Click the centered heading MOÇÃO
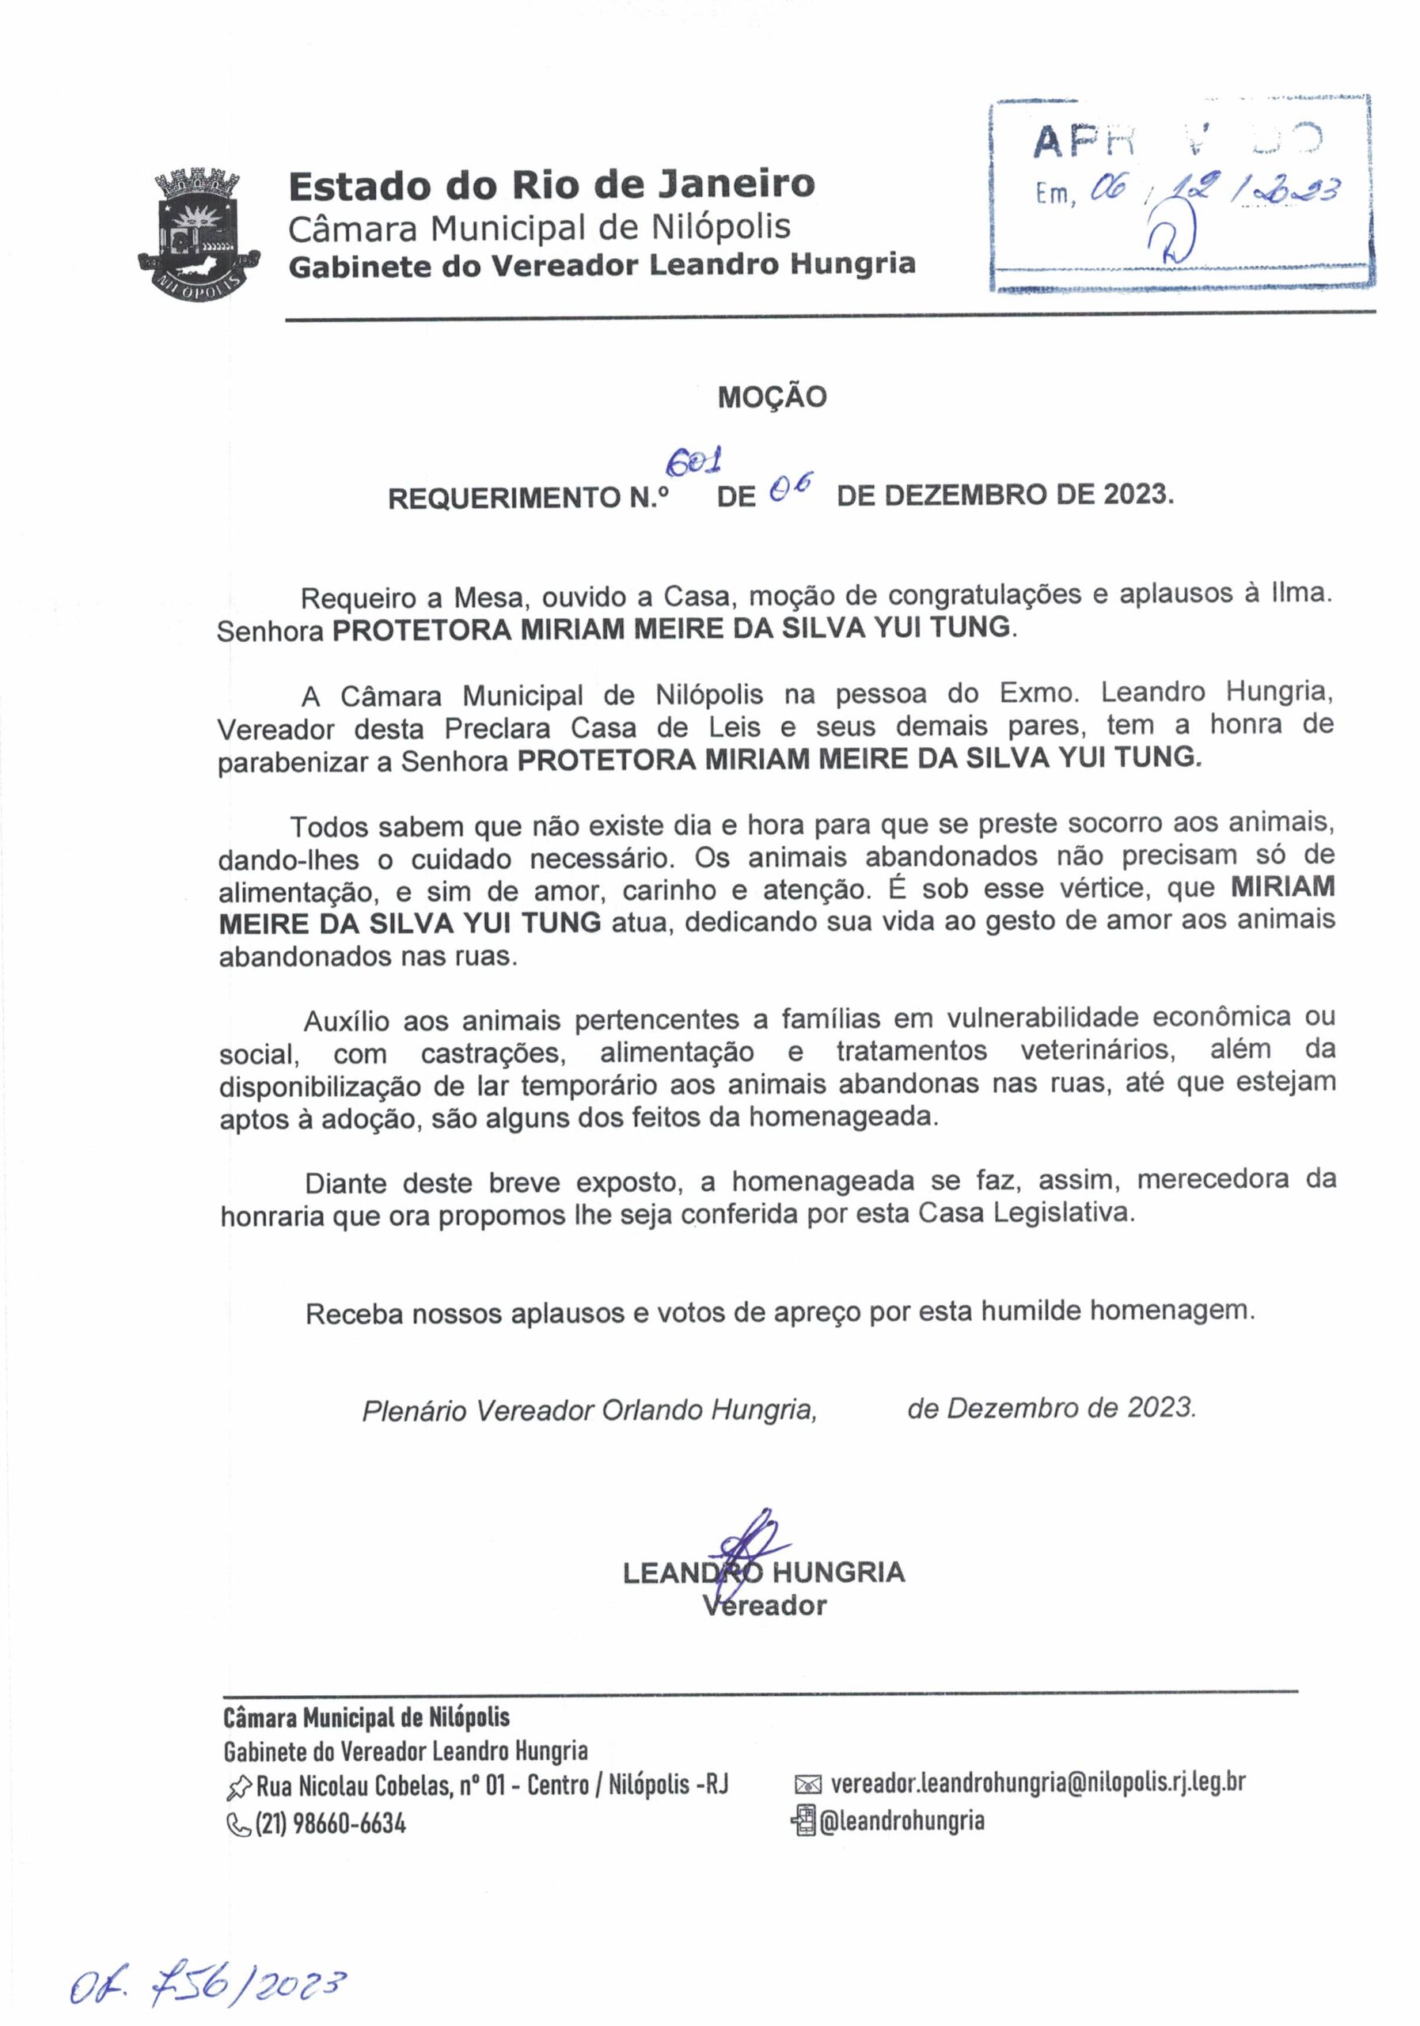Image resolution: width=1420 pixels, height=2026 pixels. pyautogui.click(x=771, y=397)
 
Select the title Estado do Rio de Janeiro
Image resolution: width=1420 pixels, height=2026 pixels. pyautogui.click(x=552, y=184)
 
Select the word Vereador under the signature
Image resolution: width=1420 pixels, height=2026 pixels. pyautogui.click(x=765, y=1606)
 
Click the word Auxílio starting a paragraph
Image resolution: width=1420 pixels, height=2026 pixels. pyautogui.click(x=346, y=1022)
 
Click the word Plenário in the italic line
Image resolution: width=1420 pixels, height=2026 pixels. pyautogui.click(x=414, y=1410)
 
